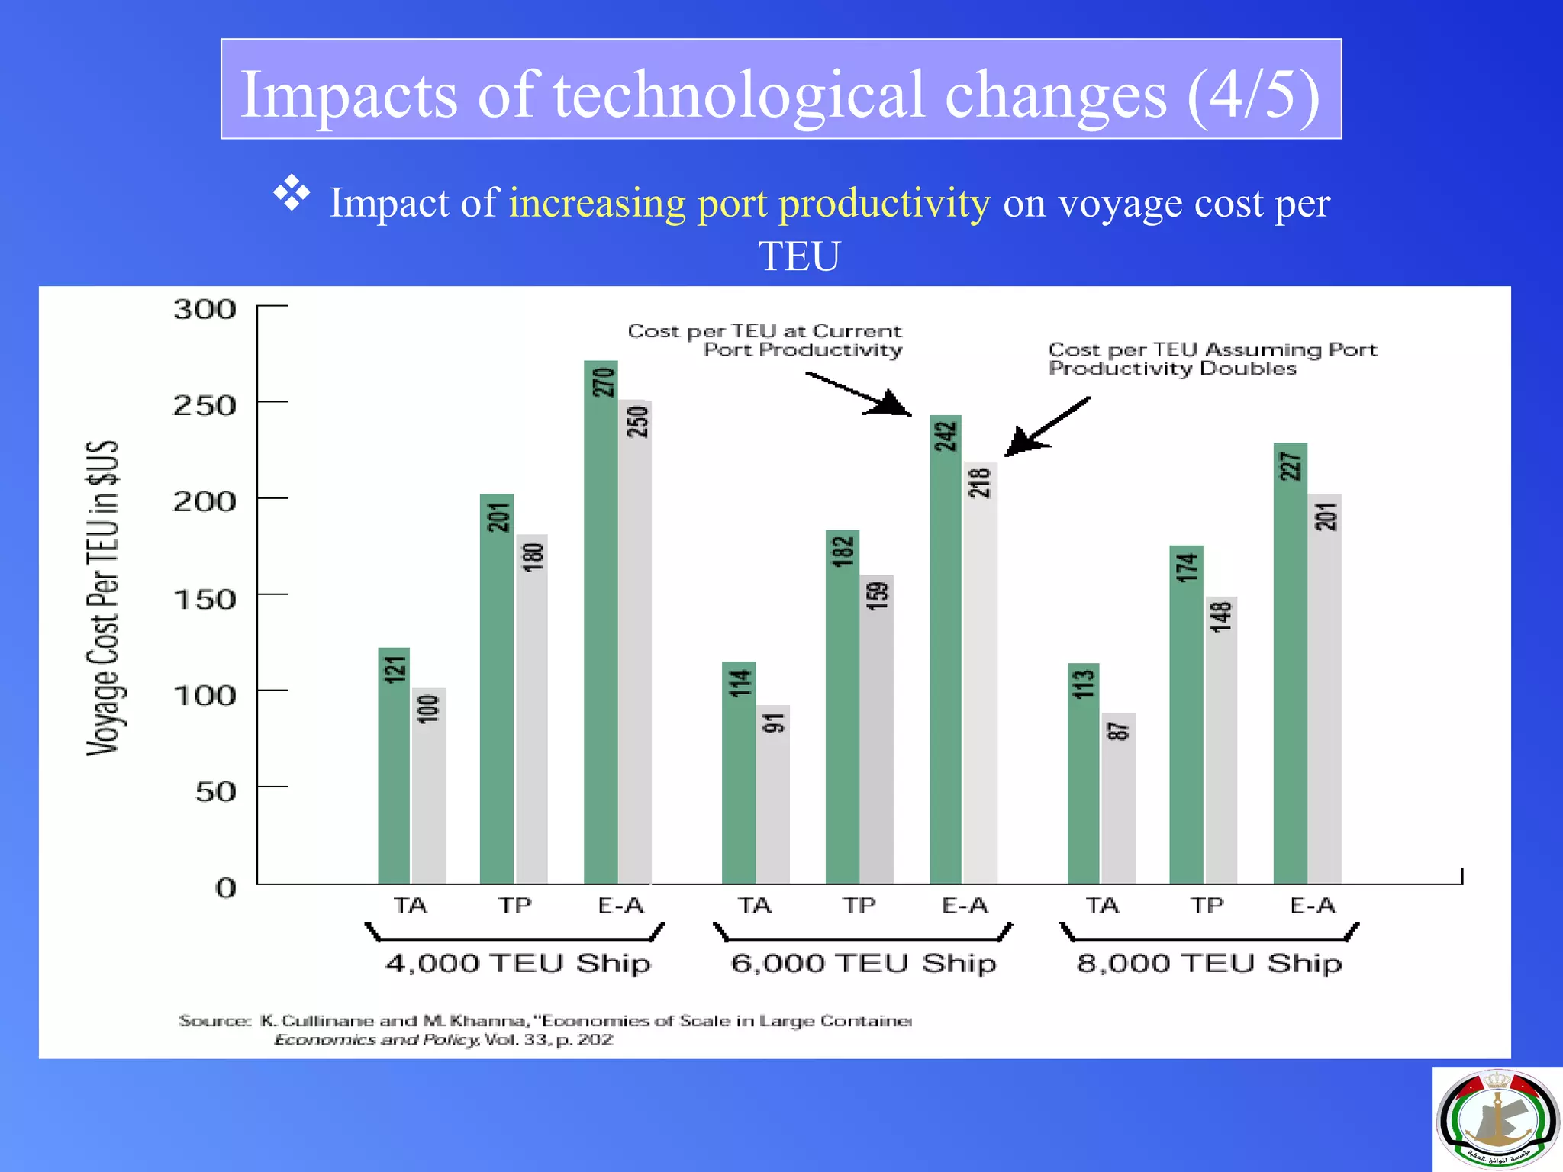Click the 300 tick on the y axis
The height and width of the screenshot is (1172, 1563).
coord(205,310)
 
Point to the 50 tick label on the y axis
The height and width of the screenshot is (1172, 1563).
coord(215,791)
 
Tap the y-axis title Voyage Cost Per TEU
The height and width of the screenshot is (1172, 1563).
coord(102,598)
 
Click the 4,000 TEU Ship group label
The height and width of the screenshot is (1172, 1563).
coord(517,963)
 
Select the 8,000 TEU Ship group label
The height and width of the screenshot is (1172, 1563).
coord(1209,963)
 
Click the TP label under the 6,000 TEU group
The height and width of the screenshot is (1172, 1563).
coord(859,906)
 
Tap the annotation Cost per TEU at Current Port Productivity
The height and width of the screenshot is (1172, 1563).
coord(765,340)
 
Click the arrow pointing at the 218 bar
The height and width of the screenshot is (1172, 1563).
coord(1046,427)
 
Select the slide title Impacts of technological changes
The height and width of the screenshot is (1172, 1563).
coord(780,94)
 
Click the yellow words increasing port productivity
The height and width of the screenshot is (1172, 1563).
coord(749,203)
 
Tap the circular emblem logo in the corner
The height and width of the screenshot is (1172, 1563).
coord(1497,1119)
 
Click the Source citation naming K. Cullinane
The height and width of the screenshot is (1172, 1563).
coord(545,1029)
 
